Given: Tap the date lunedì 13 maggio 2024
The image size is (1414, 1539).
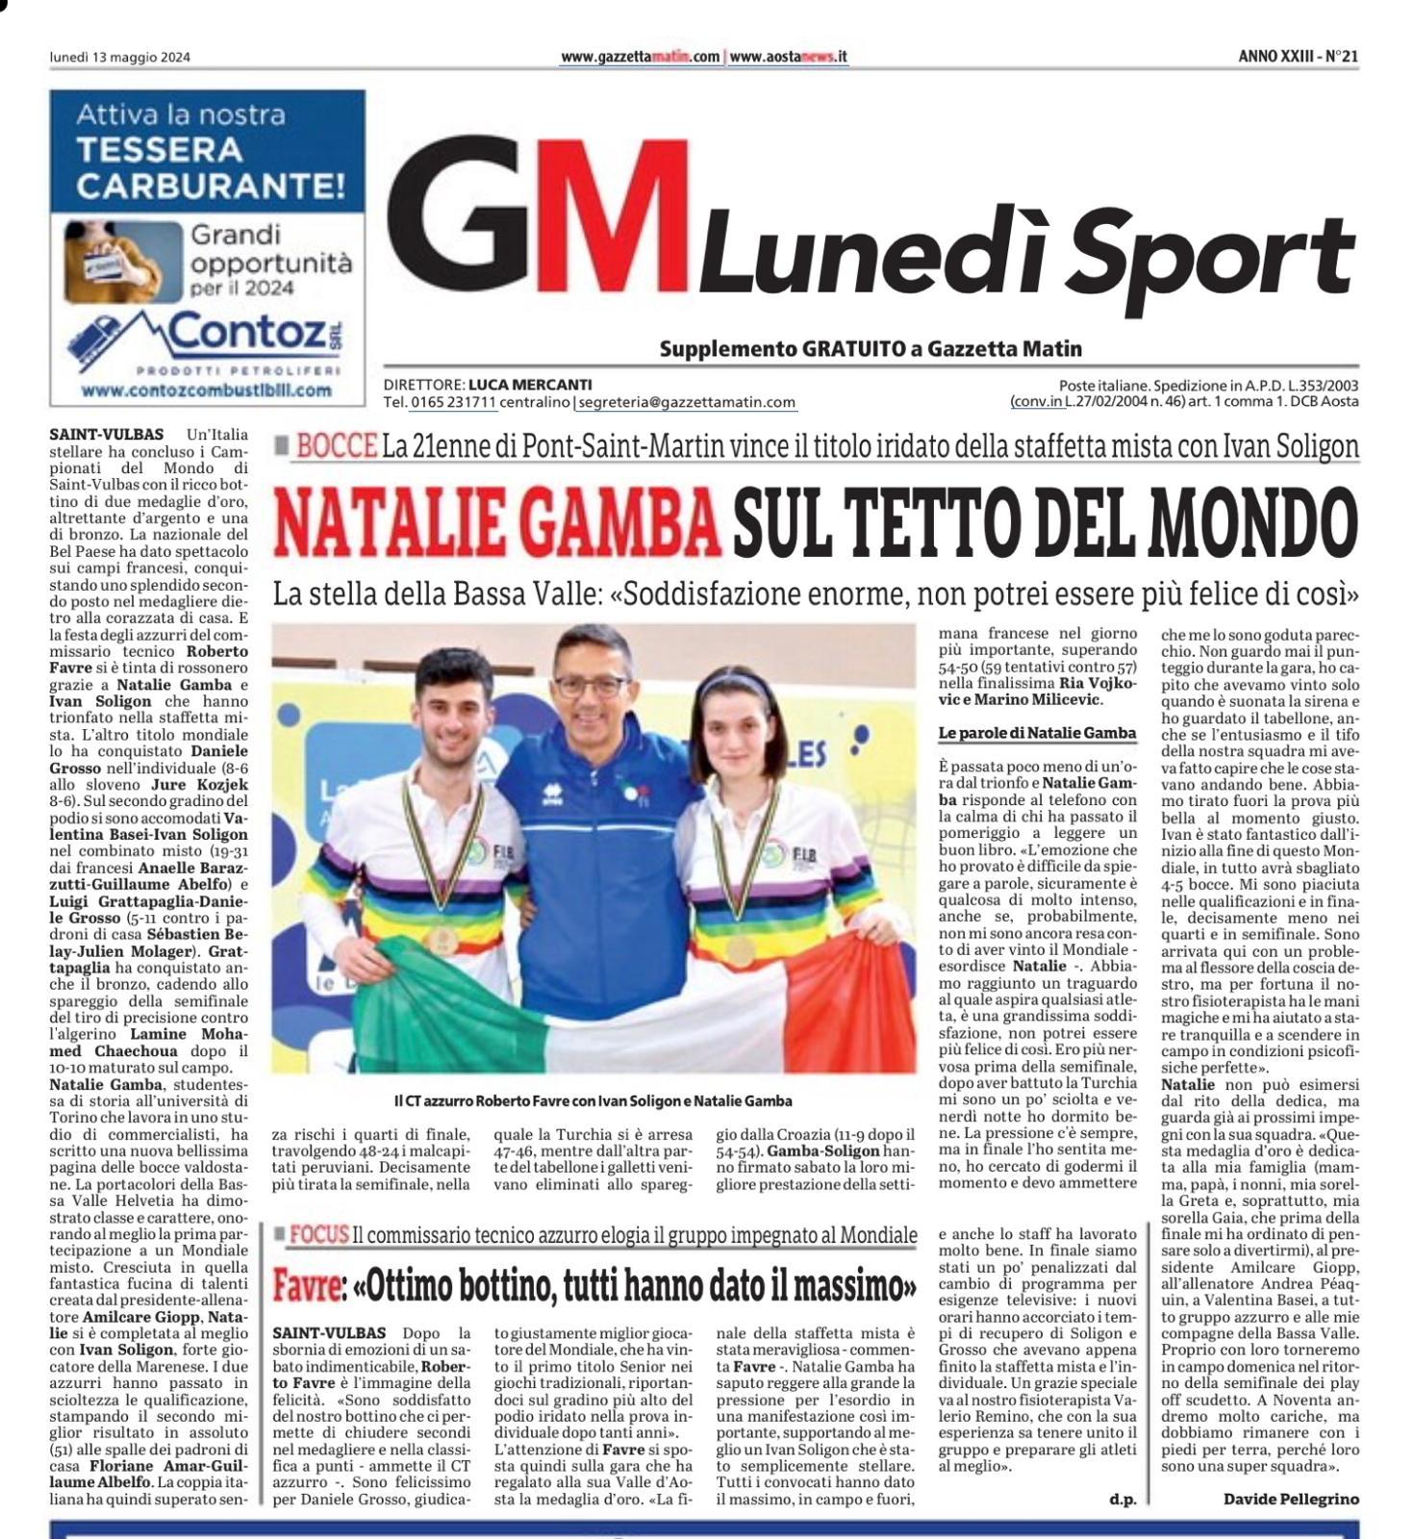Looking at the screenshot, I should [120, 57].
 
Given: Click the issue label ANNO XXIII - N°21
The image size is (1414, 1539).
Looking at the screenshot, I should [1298, 57].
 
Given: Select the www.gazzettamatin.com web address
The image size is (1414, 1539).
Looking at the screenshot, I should [640, 57].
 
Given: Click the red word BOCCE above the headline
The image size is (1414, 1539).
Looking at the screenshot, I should [337, 446].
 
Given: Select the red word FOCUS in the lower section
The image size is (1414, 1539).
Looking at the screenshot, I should [318, 1235].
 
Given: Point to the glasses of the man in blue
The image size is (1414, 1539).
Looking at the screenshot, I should [590, 686].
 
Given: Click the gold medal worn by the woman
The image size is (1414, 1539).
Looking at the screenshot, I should [741, 951].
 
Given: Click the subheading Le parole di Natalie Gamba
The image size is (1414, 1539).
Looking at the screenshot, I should [1037, 733].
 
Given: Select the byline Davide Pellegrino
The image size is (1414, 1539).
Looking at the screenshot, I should [1291, 1499].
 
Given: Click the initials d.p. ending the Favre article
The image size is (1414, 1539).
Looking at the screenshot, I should [1122, 1499].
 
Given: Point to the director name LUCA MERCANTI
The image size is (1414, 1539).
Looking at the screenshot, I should [530, 385].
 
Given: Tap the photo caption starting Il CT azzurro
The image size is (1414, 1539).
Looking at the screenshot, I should [593, 1100].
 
